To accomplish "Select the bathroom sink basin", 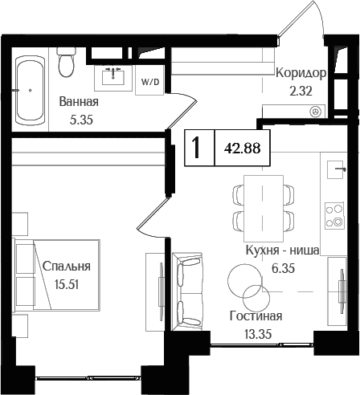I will (x=113, y=76).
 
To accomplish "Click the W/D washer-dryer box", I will (x=150, y=81).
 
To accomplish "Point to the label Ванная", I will (x=79, y=102).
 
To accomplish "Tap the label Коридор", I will (x=300, y=73).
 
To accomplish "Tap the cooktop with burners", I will (x=333, y=214).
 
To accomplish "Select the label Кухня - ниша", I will (x=283, y=251).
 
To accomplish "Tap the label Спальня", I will (x=67, y=267).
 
